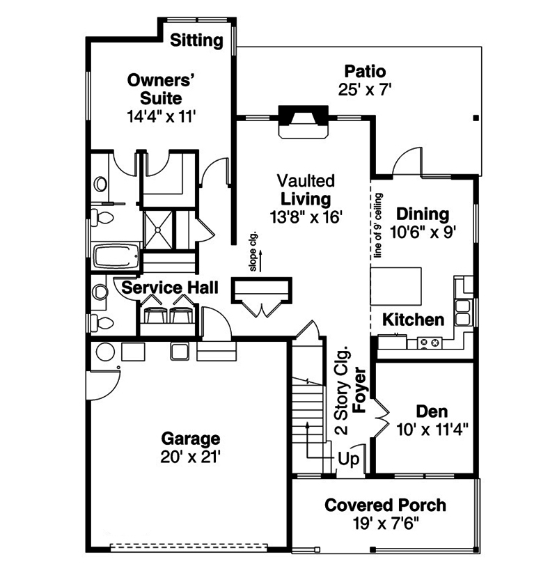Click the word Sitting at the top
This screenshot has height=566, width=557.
click(197, 40)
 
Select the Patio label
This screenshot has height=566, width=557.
click(365, 71)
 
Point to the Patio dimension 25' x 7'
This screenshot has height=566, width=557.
click(365, 89)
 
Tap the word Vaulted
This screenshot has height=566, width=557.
click(305, 181)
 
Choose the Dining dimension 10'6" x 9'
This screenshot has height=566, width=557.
click(422, 233)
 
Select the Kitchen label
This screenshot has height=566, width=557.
click(414, 320)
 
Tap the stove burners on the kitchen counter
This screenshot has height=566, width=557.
click(430, 343)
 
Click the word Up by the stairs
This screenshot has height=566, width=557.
click(348, 459)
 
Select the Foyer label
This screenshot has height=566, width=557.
click(360, 390)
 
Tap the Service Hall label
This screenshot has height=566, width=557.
click(171, 287)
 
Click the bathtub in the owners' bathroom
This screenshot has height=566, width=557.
click(115, 256)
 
